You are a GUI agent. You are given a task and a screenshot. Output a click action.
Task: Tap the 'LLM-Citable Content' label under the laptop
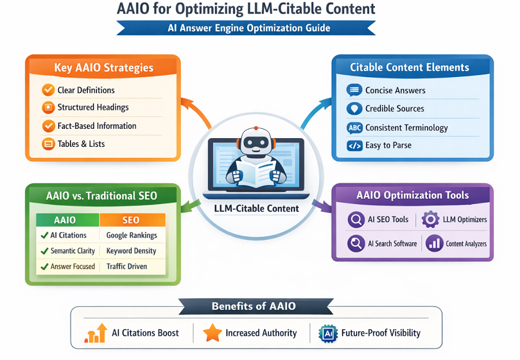click(x=256, y=209)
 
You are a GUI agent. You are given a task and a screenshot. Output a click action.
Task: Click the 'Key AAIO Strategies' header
click(x=104, y=68)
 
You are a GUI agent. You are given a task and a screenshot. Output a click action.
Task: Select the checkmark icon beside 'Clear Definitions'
click(x=48, y=90)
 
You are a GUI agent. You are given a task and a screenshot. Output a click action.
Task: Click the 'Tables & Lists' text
click(x=81, y=144)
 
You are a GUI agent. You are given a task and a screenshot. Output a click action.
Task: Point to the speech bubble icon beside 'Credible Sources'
click(x=354, y=109)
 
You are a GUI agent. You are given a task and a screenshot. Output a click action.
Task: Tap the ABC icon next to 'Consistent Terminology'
click(x=354, y=128)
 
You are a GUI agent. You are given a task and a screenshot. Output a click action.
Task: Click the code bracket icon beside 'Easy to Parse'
click(x=354, y=146)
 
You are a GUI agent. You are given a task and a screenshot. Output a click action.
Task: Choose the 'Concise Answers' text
click(x=395, y=90)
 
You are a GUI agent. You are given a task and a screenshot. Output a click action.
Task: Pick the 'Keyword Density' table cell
click(x=132, y=251)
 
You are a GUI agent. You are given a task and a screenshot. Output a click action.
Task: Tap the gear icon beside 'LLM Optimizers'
click(x=430, y=220)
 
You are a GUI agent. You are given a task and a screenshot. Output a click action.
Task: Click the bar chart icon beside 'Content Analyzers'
click(x=434, y=244)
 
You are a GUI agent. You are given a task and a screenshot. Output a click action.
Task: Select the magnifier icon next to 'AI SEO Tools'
click(x=356, y=220)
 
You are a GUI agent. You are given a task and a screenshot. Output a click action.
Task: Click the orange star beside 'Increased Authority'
click(x=212, y=333)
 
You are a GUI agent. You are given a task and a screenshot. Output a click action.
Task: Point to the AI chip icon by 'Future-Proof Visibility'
click(x=328, y=333)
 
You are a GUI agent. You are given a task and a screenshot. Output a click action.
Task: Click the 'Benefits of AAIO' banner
click(x=255, y=306)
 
